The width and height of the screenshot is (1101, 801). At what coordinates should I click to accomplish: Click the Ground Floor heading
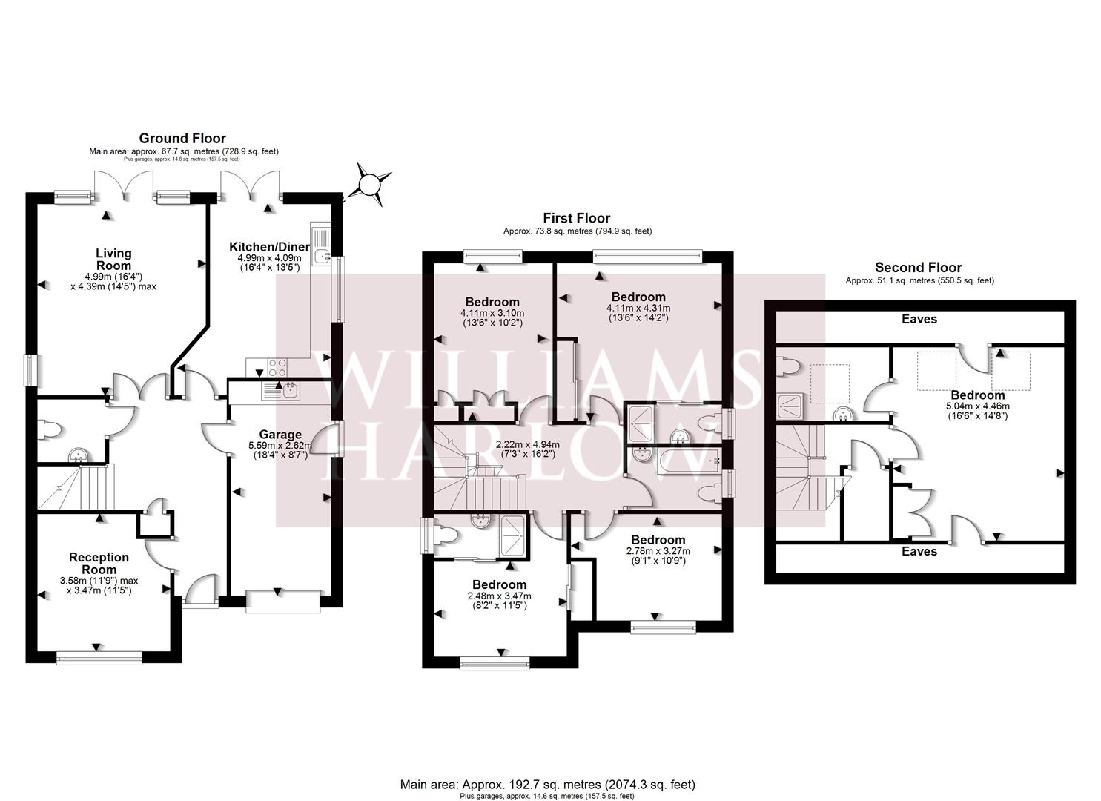coord(182,138)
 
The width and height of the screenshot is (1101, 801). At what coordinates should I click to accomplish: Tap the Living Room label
coord(113,259)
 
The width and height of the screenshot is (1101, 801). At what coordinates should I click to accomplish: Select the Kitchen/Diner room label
coord(270,247)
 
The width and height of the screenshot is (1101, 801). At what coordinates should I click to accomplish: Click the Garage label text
coord(280,435)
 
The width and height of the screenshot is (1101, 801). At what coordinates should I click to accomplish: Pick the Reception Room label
coord(99,563)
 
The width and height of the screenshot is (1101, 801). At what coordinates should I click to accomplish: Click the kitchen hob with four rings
coord(277,367)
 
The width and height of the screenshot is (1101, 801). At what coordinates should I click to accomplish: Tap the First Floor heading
coord(577,218)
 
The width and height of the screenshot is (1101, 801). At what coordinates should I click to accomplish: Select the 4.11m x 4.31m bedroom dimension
coord(638,309)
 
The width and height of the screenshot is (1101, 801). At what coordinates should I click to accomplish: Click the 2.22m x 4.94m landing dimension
coord(527,445)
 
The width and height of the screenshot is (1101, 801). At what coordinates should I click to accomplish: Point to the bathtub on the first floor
coord(689,461)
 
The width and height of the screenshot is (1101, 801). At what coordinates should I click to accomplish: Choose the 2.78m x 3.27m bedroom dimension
coord(658,551)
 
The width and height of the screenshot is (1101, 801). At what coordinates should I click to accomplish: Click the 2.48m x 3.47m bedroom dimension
coord(500,596)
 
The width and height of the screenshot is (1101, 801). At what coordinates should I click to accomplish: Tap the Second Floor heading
coord(918,268)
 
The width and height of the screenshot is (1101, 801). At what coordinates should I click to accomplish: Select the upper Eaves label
coord(919,319)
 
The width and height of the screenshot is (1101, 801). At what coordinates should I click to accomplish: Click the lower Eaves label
coord(919,551)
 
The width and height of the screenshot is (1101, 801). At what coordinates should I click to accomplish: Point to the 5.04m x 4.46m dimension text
coord(978,406)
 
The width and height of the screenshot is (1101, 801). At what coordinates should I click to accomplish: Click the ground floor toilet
coord(49,429)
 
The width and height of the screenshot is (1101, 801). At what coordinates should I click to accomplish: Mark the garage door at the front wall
coord(283,601)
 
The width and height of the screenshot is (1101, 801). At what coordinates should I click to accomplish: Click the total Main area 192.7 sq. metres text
coord(548,784)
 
